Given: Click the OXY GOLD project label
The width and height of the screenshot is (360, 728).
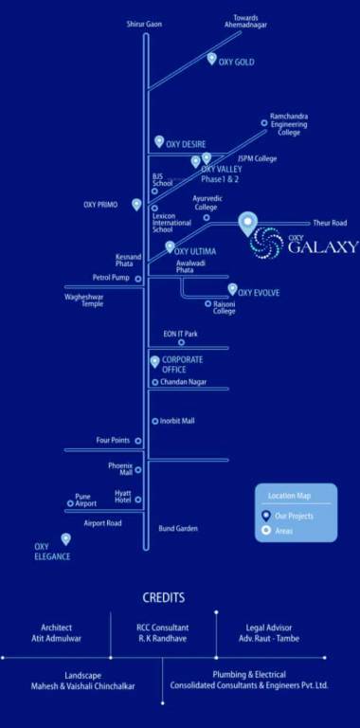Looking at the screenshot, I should click(236, 63).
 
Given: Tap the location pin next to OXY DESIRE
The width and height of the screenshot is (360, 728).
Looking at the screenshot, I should click(159, 141).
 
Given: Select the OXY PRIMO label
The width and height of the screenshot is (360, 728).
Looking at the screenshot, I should click(99, 204).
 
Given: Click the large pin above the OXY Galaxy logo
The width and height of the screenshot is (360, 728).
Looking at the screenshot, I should click(247, 224).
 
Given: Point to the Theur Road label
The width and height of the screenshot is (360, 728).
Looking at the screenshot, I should click(330, 223).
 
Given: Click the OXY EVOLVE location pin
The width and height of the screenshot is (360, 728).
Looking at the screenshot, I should click(232, 289).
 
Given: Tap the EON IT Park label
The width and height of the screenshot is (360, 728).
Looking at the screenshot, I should click(180, 334).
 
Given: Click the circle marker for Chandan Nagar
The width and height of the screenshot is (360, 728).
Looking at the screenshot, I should click(154, 382).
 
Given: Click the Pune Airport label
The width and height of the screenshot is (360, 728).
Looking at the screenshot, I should click(83, 500).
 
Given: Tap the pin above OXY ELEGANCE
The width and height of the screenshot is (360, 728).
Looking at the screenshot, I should click(66, 538).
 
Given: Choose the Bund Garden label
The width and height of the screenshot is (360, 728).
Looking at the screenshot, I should click(178, 528).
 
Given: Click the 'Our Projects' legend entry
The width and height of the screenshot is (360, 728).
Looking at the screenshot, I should click(294, 516).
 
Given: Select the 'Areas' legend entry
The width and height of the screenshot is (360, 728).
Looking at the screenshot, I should click(283, 531).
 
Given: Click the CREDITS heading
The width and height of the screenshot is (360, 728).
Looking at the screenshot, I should click(163, 598).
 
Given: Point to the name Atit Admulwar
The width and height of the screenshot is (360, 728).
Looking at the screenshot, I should click(56, 638).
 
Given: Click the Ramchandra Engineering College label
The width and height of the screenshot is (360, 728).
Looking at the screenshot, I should click(289, 123).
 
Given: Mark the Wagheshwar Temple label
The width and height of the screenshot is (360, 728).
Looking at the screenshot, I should click(83, 300).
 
